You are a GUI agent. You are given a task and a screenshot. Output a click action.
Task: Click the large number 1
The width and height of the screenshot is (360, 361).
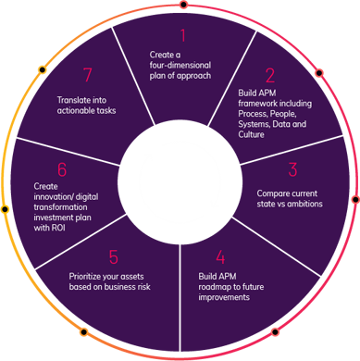[x=182, y=37]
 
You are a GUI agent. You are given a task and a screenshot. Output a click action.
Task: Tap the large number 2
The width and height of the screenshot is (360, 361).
[x=270, y=76]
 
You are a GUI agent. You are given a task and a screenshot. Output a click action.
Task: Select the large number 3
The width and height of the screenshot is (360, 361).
[x=292, y=169]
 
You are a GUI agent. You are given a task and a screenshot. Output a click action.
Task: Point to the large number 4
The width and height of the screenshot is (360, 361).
[x=219, y=257]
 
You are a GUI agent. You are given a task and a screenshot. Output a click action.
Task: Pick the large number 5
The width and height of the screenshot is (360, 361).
[x=113, y=256]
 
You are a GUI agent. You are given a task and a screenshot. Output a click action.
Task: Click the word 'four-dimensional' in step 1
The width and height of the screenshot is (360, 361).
[x=180, y=66]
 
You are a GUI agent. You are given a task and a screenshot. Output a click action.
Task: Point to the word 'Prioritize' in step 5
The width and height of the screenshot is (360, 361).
[x=89, y=276]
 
